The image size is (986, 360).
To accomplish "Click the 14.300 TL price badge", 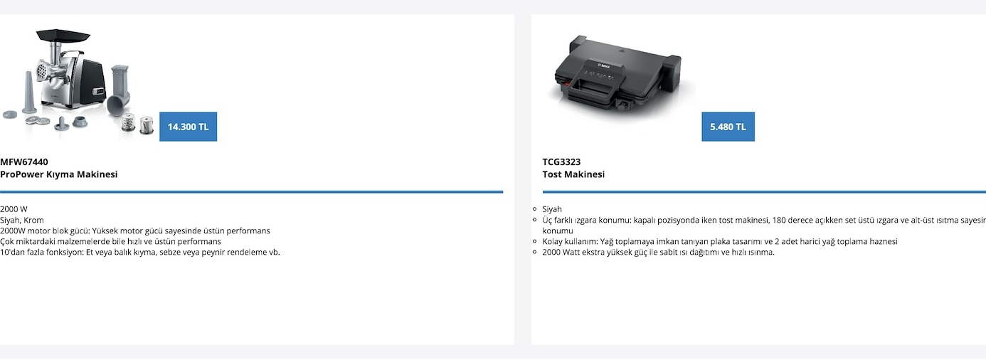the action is point(188,127).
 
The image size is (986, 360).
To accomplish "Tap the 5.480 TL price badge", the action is point(728,127).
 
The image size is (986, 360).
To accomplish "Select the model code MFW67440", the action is point(24,162).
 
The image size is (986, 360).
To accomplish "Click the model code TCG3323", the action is point(561,162).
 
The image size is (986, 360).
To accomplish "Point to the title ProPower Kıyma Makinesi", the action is point(59,174).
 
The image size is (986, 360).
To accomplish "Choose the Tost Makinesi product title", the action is point(573,174).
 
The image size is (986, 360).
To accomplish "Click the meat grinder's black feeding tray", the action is point(63,35).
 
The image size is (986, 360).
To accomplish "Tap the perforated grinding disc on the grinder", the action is point(41,70).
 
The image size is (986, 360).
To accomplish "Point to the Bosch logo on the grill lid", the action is point(604,66).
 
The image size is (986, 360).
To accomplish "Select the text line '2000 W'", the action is point(14,209).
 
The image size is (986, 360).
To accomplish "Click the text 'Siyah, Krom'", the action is point(22,220).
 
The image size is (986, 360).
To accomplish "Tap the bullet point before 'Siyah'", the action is point(534,209).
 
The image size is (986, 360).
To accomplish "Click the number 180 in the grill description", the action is point(779,220).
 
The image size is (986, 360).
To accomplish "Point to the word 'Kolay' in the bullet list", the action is point(552,242).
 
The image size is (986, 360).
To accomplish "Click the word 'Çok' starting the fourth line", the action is point(6,242).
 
